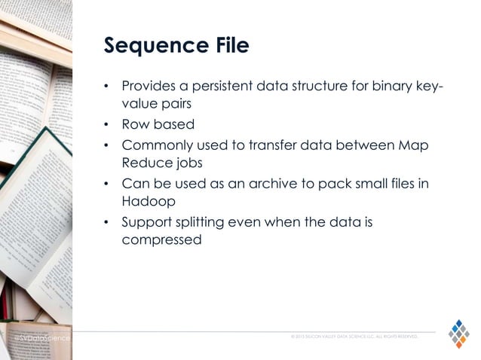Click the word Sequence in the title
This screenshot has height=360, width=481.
149,46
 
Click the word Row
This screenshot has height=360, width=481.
134,124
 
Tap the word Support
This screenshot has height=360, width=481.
146,222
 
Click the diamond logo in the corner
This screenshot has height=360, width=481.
458,333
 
